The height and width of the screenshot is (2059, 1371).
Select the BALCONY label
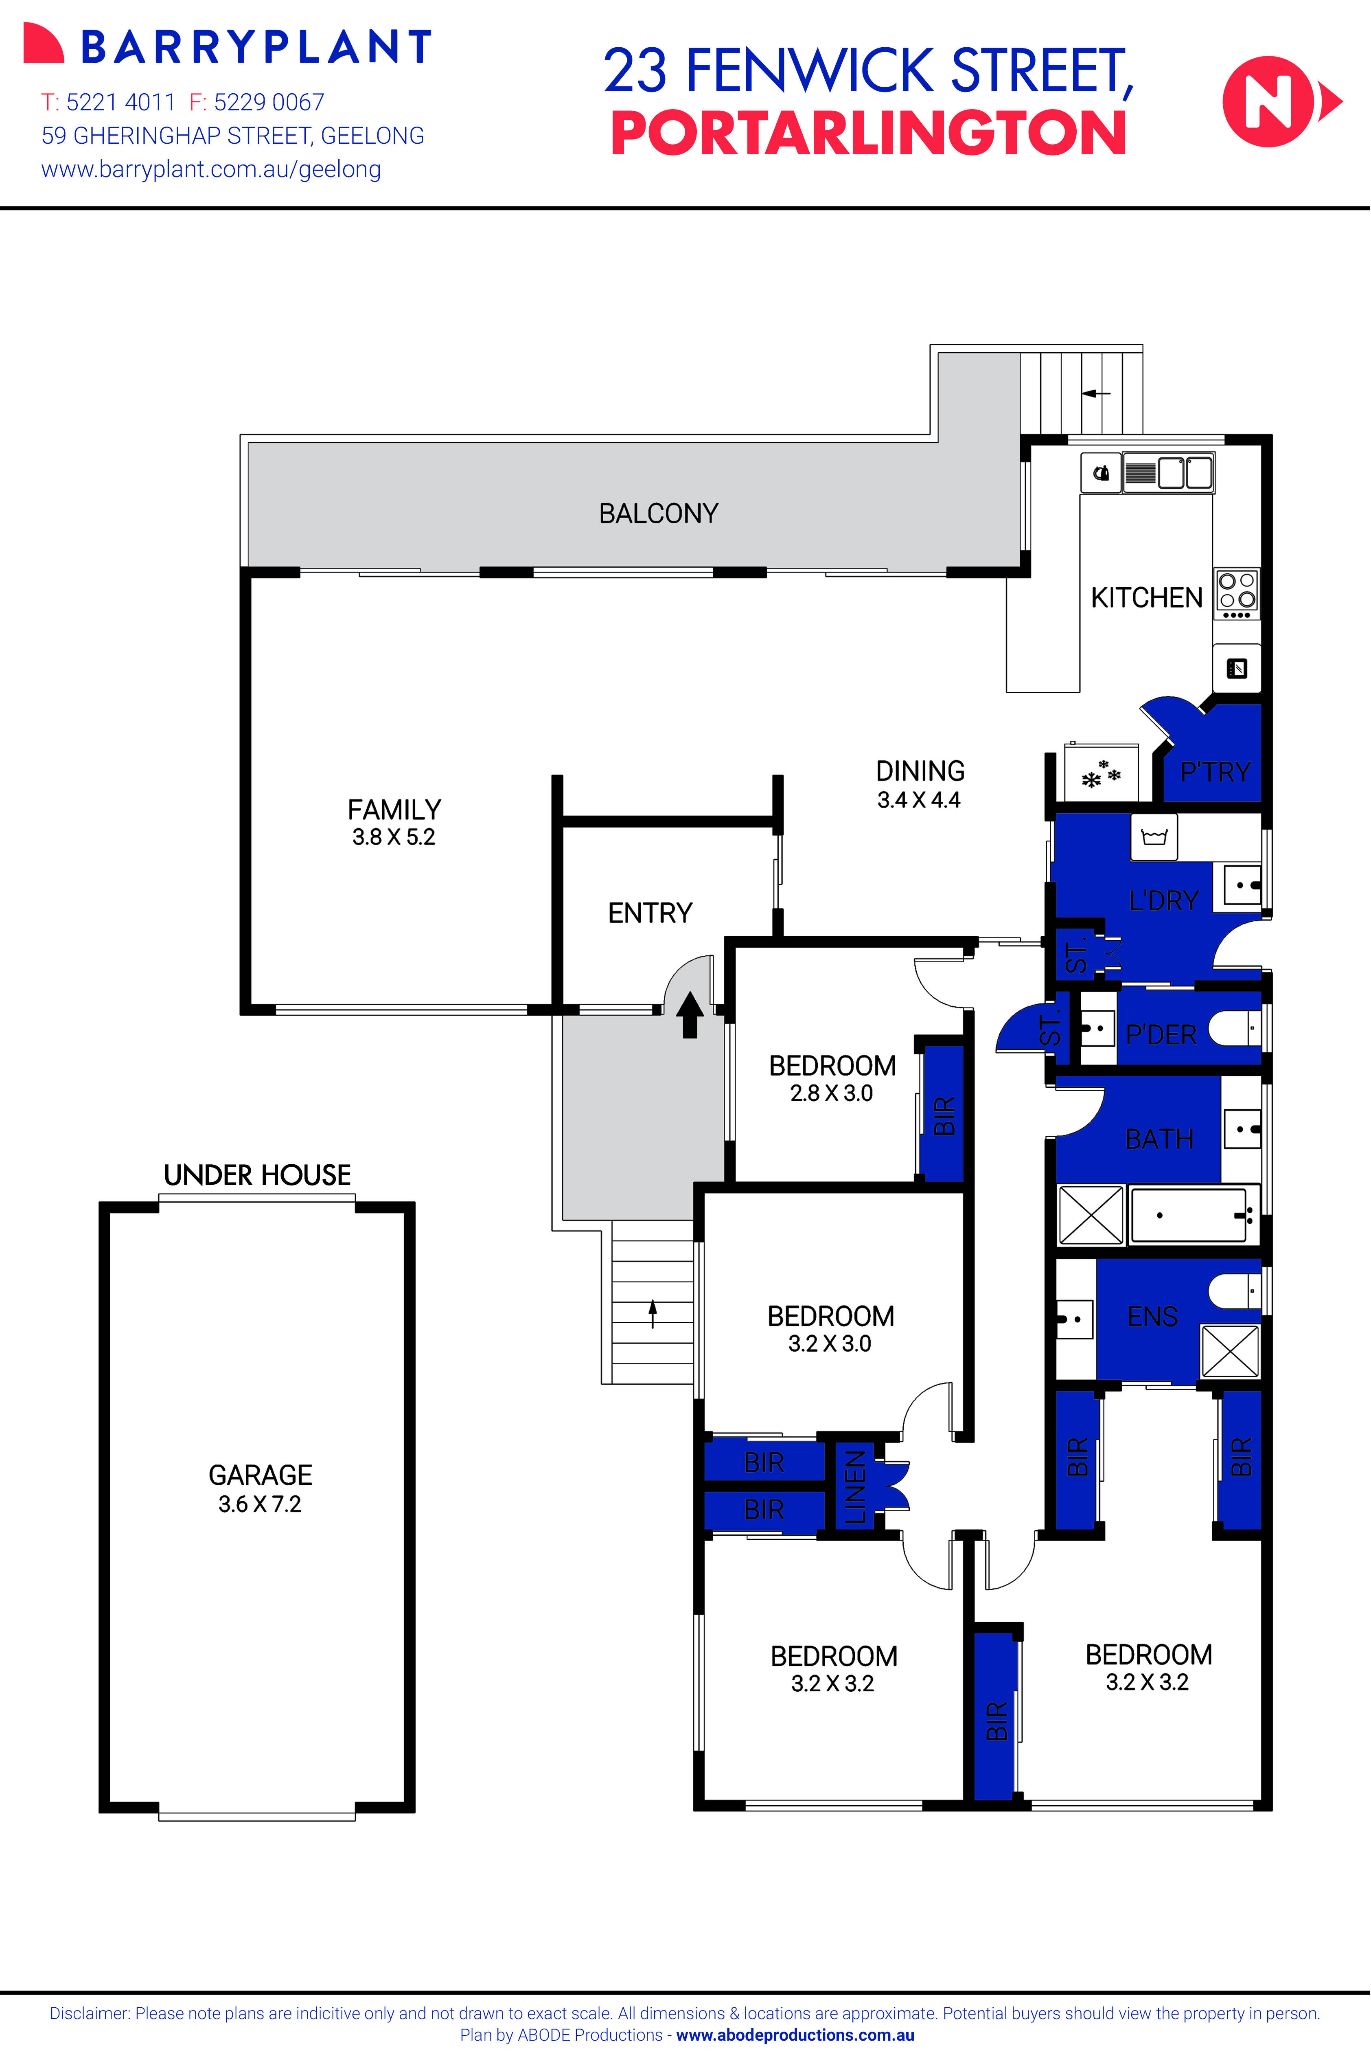658,514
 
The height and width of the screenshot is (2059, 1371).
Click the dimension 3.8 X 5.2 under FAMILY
394,837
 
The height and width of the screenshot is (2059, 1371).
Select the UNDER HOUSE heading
257,1175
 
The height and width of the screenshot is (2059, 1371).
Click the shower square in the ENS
1229,1351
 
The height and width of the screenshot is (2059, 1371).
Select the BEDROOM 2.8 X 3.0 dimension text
832,1093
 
